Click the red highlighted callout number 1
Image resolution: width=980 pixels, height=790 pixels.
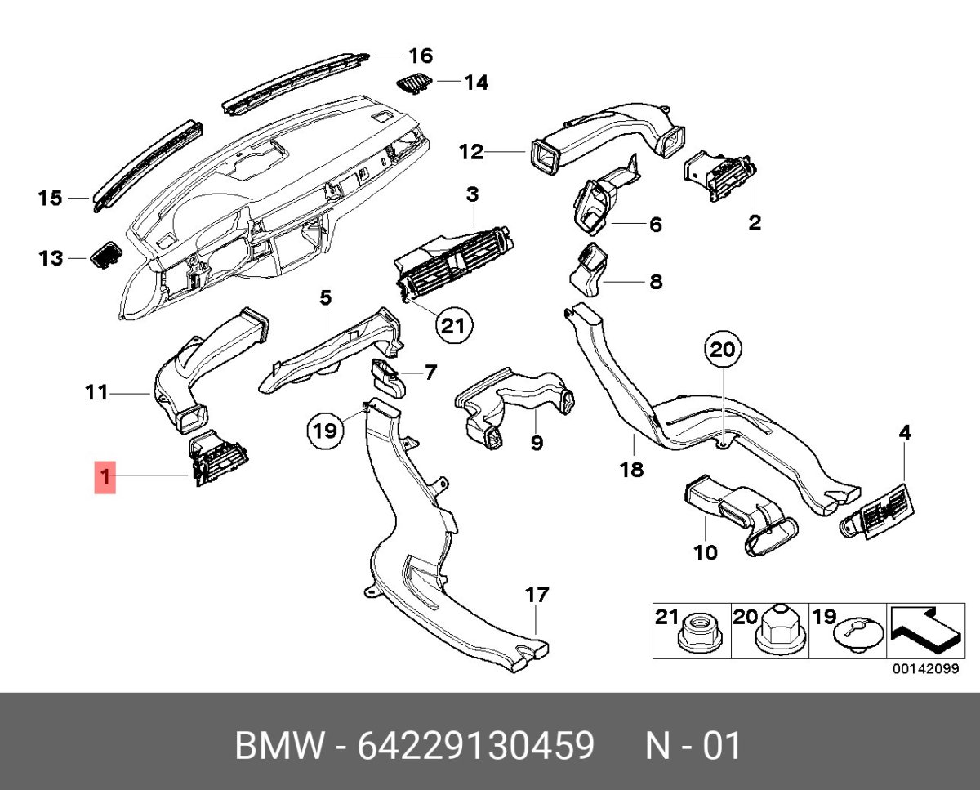tap(105, 475)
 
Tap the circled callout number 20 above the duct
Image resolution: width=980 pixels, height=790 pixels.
tap(721, 351)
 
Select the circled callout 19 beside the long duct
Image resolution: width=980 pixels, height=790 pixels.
tap(325, 429)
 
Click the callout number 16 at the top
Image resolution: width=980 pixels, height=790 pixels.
tap(420, 56)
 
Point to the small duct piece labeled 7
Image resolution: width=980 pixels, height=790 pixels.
tap(388, 377)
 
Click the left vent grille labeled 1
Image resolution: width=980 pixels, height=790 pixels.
tap(219, 460)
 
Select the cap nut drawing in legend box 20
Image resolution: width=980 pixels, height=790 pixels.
tap(777, 631)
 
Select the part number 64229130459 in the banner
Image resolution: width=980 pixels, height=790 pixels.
tap(476, 746)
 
